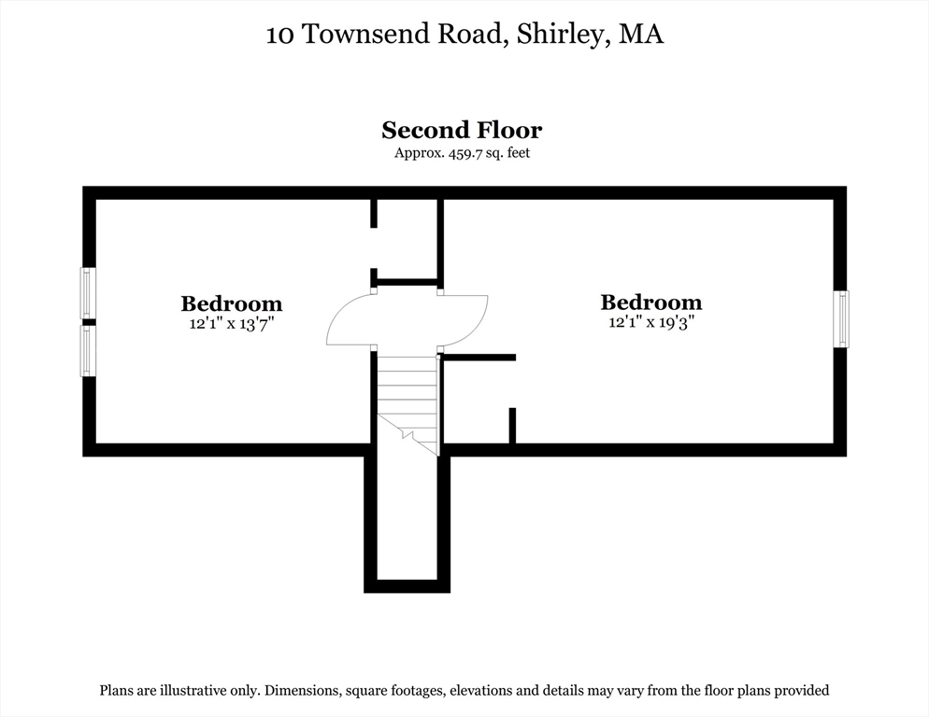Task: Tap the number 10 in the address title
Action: (x=279, y=35)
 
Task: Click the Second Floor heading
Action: (x=462, y=130)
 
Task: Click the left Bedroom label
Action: (x=231, y=303)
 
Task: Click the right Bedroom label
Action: (x=650, y=302)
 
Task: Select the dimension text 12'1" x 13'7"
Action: (x=231, y=324)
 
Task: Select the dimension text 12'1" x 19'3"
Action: (x=650, y=322)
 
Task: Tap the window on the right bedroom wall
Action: (x=841, y=318)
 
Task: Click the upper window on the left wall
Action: (x=88, y=293)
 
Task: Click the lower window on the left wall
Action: (x=88, y=350)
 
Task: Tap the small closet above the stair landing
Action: (x=407, y=239)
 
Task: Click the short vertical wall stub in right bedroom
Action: (x=512, y=426)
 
